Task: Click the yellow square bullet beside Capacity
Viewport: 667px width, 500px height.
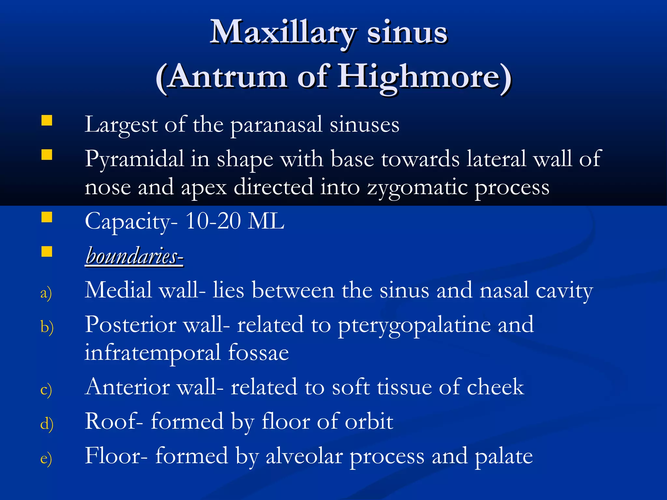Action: (x=47, y=217)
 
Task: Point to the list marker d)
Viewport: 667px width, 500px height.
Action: (x=47, y=424)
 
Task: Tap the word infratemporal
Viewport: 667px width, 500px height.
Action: (x=153, y=353)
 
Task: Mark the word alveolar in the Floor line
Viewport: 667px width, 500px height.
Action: (x=304, y=456)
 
